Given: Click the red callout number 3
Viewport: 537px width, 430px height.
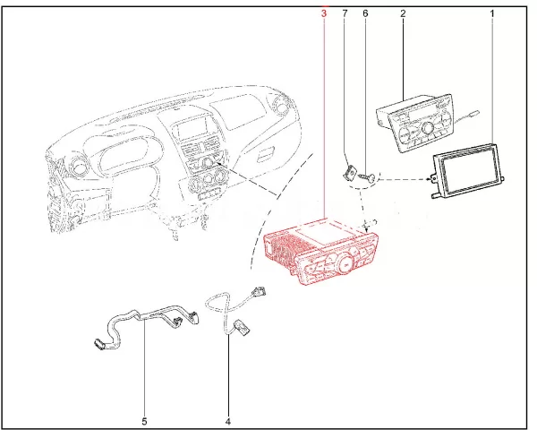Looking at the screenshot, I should pyautogui.click(x=323, y=14).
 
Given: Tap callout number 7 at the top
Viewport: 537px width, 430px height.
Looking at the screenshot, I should pyautogui.click(x=346, y=14).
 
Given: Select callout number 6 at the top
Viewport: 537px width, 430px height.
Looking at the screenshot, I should pyautogui.click(x=365, y=14).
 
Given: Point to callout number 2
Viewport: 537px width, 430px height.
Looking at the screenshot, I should pyautogui.click(x=403, y=14).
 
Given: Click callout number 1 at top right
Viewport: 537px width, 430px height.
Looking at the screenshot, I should pyautogui.click(x=492, y=14).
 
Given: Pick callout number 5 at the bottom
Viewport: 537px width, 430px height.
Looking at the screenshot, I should pyautogui.click(x=144, y=419).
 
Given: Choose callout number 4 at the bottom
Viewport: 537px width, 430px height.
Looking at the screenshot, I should pyautogui.click(x=227, y=419).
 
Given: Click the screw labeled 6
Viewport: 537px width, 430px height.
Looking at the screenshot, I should pyautogui.click(x=368, y=179).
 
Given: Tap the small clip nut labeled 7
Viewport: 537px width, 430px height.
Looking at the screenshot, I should pyautogui.click(x=349, y=172).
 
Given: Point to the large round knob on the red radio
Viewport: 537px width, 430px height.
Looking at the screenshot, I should pyautogui.click(x=344, y=262).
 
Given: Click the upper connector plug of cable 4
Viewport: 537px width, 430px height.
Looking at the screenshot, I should pyautogui.click(x=260, y=289).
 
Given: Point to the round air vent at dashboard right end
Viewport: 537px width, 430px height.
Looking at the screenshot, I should pyautogui.click(x=285, y=107).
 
